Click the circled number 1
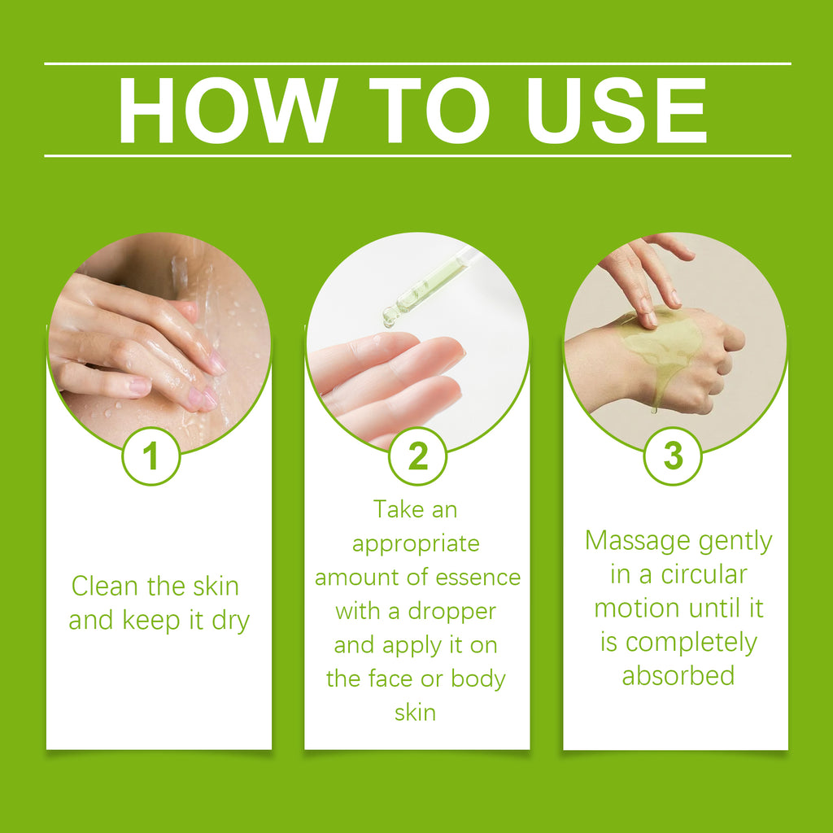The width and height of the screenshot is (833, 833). click(x=150, y=457)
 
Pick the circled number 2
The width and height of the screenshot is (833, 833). click(x=417, y=457)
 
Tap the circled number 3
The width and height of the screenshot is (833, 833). click(x=673, y=457)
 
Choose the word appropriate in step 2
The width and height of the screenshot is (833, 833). click(x=416, y=543)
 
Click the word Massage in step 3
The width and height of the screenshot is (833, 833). click(x=631, y=541)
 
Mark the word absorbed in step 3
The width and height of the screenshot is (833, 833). click(x=678, y=675)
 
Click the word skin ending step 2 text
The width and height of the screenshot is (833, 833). click(x=415, y=713)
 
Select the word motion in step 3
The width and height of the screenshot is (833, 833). click(x=636, y=608)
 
